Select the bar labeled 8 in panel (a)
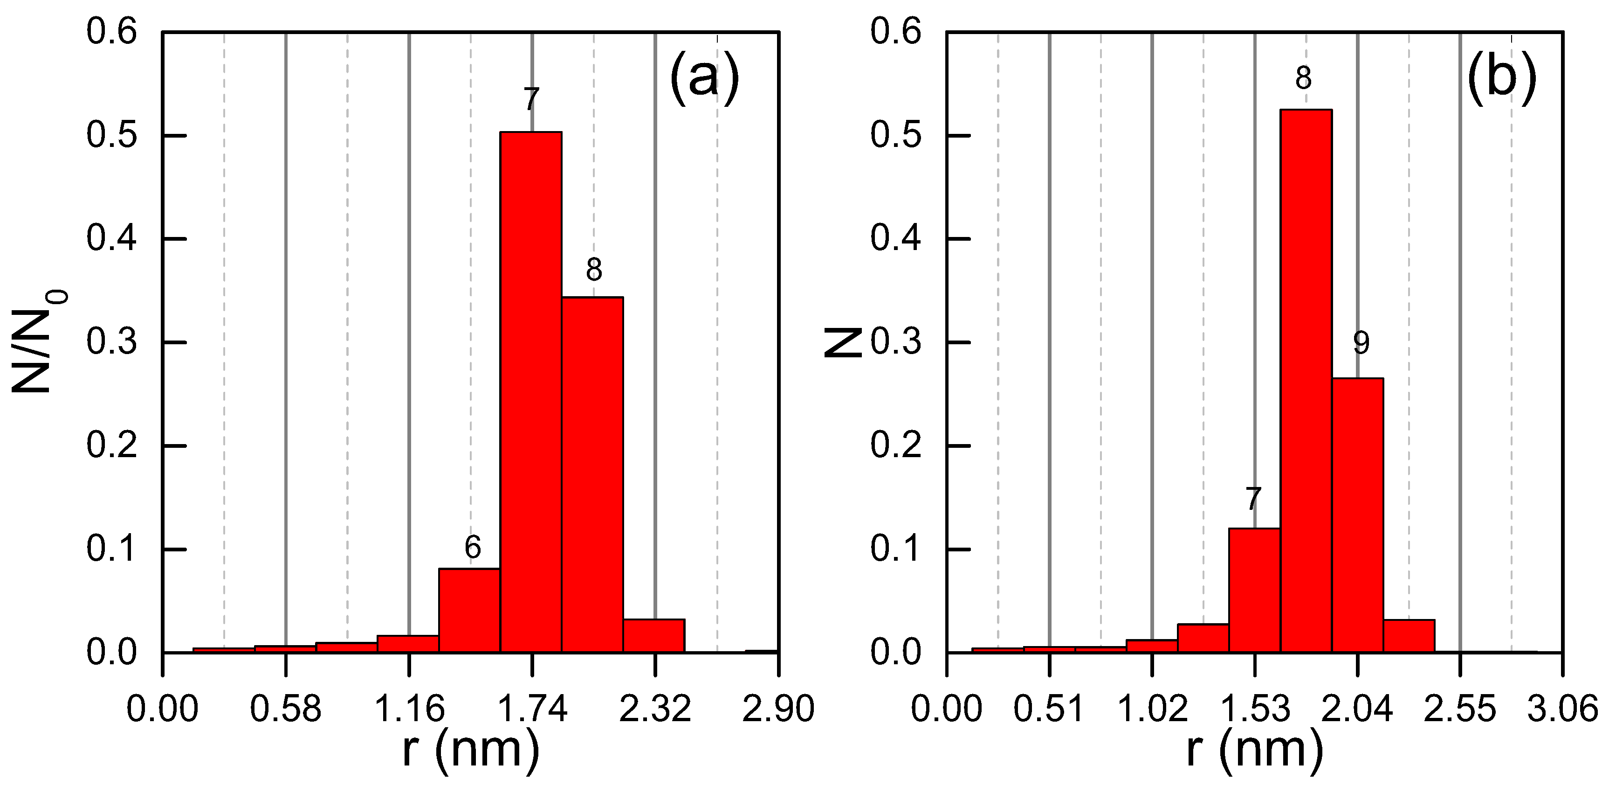click(x=592, y=475)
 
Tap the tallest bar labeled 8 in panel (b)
click(x=1306, y=381)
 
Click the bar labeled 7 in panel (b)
click(x=1254, y=591)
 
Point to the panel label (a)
click(x=704, y=79)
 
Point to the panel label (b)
click(x=1501, y=79)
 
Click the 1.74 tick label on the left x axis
click(x=532, y=709)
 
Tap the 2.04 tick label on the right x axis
click(x=1357, y=709)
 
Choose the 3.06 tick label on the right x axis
click(x=1562, y=709)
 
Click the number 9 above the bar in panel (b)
click(x=1361, y=342)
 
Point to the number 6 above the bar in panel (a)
click(x=473, y=548)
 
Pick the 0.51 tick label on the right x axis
click(x=1049, y=709)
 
